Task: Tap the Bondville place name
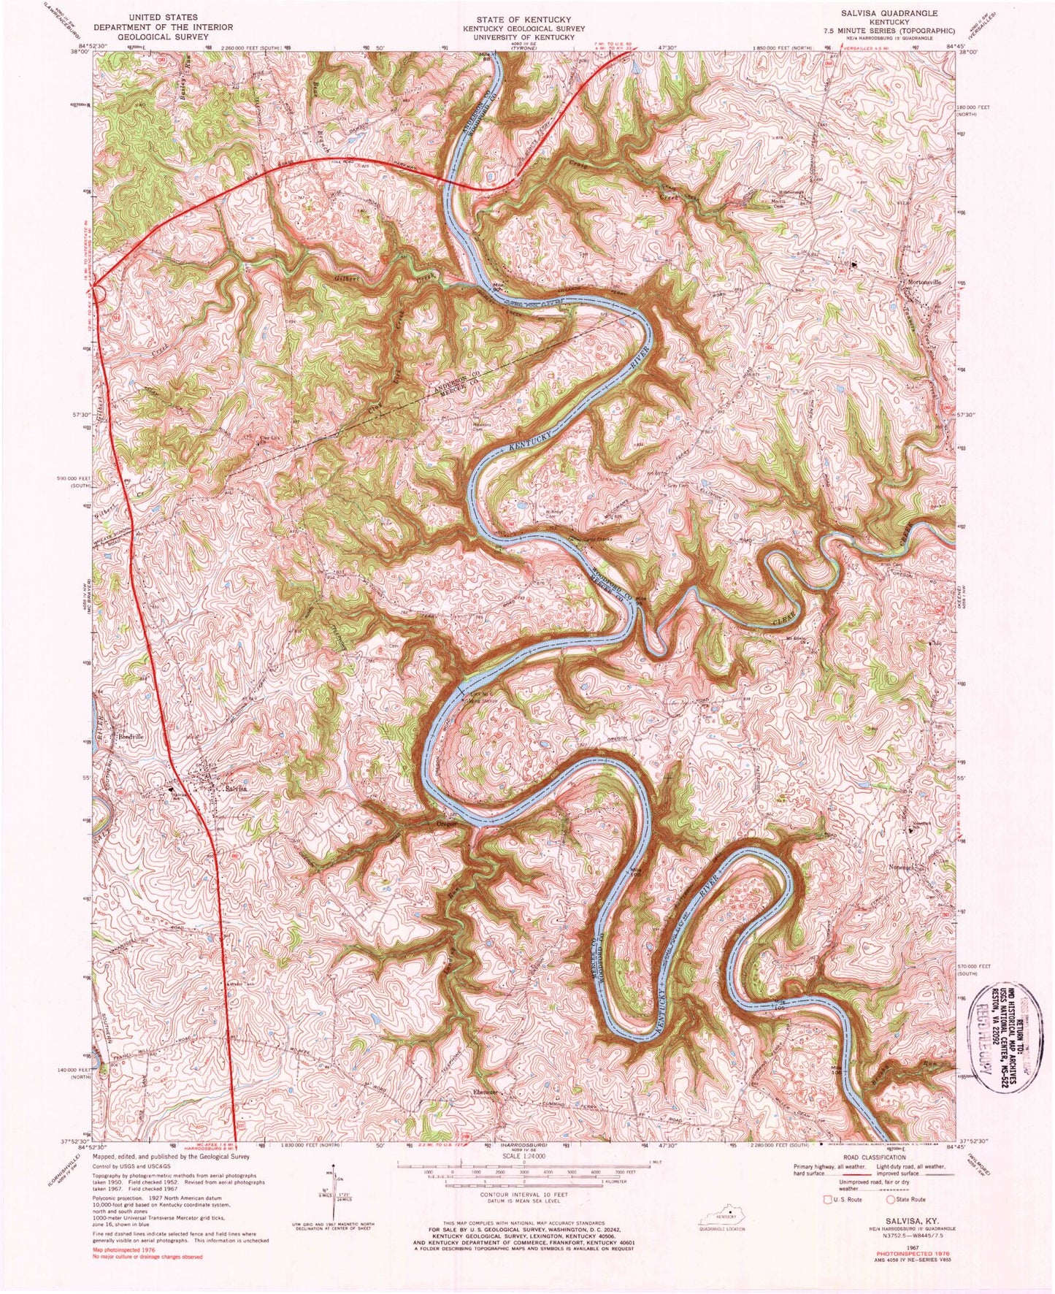133,737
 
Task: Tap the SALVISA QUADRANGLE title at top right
900,14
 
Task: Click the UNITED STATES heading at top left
162,17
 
